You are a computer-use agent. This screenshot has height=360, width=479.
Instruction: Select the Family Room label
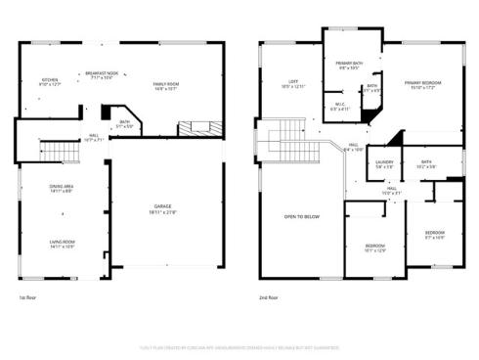coord(165,85)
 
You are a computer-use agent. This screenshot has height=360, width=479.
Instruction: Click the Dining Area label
coord(64,188)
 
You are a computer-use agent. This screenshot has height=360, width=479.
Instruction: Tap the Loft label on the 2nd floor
coord(292,84)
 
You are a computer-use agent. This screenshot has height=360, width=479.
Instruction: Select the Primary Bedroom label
coord(422,84)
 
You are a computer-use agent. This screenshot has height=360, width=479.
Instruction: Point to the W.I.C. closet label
coord(339,107)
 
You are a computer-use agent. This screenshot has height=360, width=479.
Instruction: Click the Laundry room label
coord(384,163)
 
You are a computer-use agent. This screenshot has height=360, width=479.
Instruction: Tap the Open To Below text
coord(298,216)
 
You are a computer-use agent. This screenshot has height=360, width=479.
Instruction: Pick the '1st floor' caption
coord(28,296)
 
